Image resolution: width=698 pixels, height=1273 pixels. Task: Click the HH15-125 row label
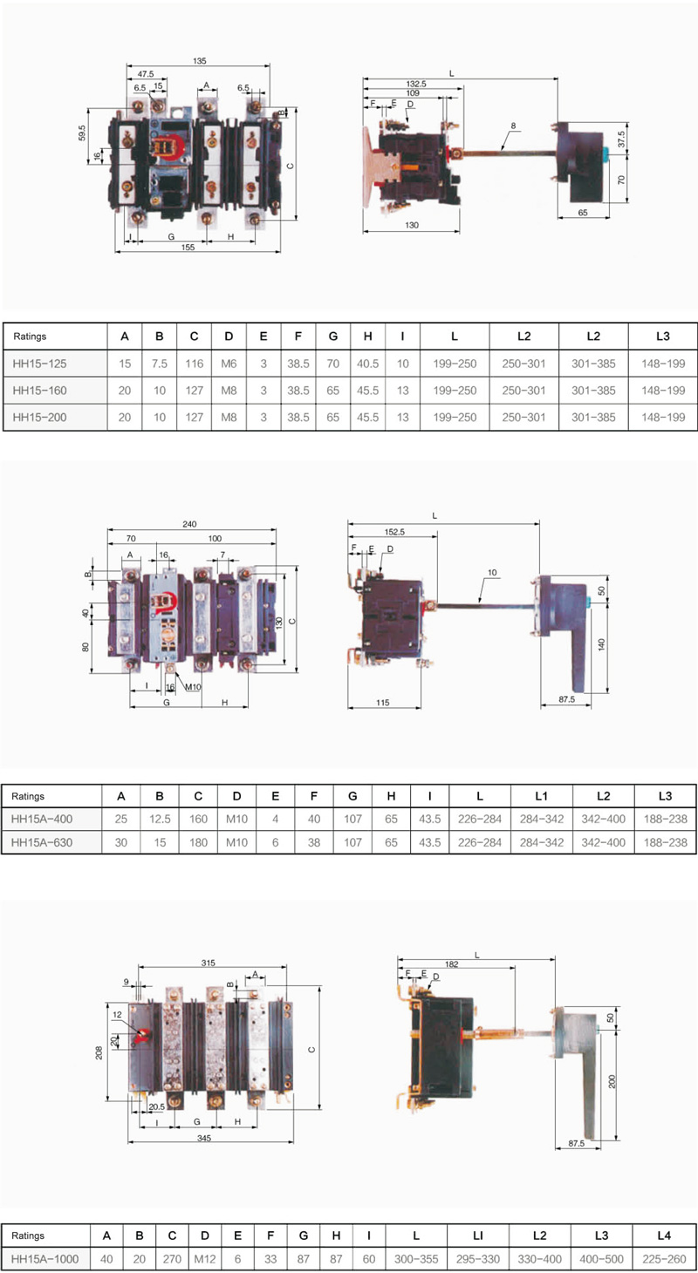(39, 364)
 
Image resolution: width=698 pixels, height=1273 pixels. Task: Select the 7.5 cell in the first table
(160, 364)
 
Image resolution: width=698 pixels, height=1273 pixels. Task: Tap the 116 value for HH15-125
(194, 364)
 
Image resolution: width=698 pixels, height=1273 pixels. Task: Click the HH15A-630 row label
(42, 842)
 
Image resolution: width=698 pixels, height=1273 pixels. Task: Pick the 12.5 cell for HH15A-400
(160, 819)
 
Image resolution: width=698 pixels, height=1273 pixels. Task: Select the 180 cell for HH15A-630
(198, 842)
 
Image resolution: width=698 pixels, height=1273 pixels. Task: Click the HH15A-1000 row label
(45, 1259)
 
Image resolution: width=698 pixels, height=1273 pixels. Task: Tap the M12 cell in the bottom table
(205, 1259)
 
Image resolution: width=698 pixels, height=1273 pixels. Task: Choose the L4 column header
(664, 1235)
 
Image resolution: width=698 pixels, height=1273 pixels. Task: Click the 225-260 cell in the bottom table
(664, 1259)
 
